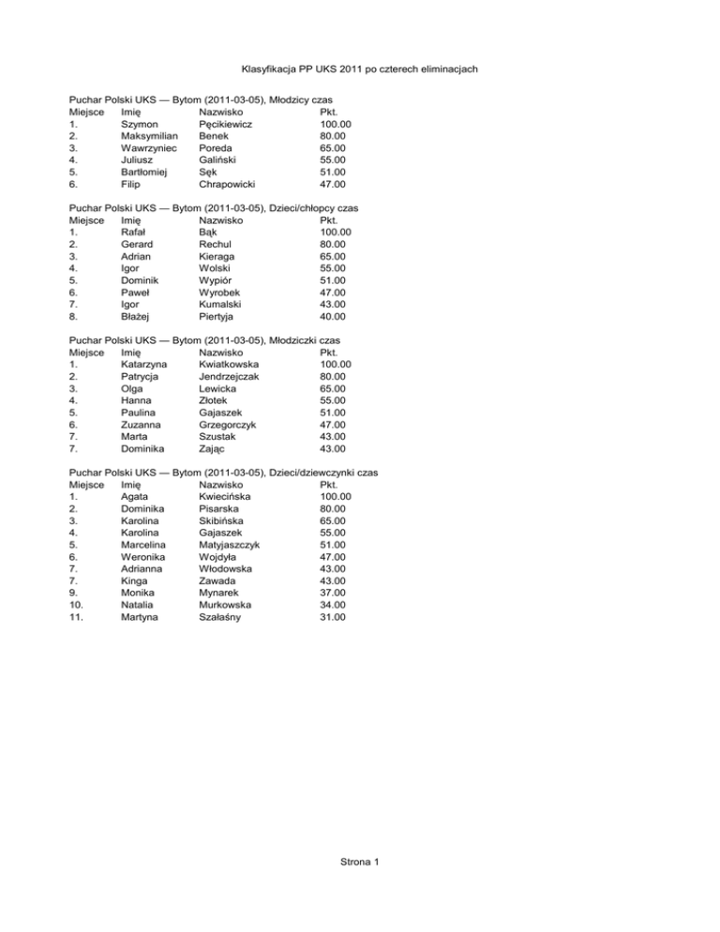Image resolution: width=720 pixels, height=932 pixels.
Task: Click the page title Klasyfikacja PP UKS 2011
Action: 360,69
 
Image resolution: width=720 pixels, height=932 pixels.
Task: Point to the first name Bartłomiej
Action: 148,173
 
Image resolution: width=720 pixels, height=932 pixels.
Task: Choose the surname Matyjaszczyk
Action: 235,545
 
